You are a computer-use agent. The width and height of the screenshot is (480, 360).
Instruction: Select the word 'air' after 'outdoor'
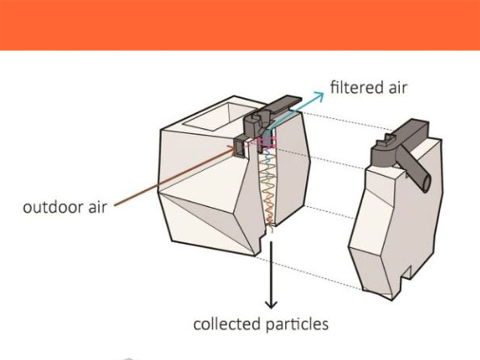[97, 207]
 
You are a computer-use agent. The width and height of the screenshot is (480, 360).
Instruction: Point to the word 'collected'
[227, 324]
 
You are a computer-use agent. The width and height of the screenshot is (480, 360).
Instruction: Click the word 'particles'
[296, 325]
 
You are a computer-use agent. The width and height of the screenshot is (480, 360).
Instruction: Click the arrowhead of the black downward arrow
[271, 304]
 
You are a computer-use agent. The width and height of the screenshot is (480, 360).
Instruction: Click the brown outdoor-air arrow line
[175, 176]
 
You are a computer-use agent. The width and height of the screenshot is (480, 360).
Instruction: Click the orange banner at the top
[240, 25]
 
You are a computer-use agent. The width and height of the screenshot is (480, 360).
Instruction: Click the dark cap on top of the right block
[401, 144]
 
